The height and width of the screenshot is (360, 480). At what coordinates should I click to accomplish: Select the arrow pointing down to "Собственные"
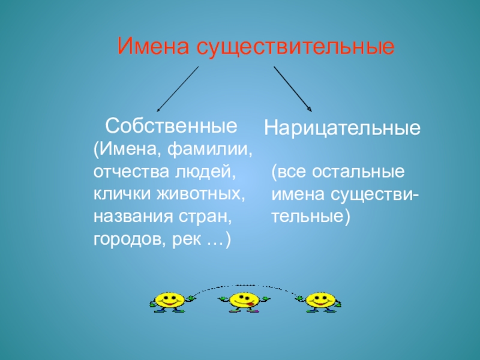[x=178, y=89]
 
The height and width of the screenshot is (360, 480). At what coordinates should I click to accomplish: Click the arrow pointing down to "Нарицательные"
[x=293, y=89]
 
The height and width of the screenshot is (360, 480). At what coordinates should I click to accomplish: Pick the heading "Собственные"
[x=171, y=126]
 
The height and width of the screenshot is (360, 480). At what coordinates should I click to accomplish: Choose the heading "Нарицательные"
[x=343, y=128]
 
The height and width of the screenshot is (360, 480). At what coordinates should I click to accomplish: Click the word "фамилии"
[x=210, y=148]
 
